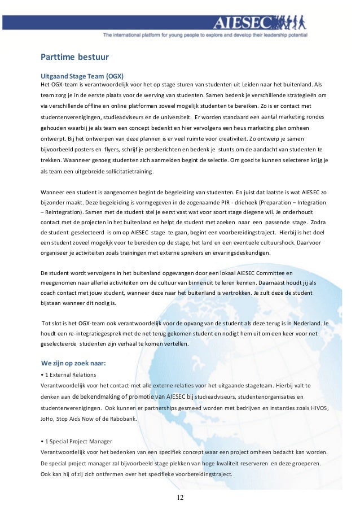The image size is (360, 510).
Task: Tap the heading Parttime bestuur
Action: tap(74, 57)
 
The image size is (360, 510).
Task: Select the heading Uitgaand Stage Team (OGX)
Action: tap(82, 76)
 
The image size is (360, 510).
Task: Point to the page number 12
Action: tap(180, 497)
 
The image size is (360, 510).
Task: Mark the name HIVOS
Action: tap(316, 408)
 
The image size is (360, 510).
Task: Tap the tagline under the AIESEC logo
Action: tap(205, 35)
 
